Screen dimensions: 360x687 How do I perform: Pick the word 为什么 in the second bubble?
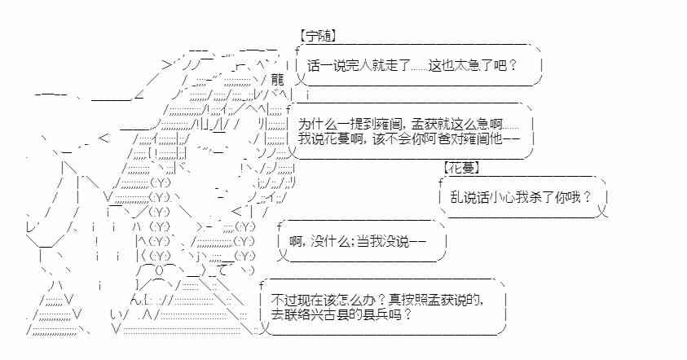click(x=313, y=125)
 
